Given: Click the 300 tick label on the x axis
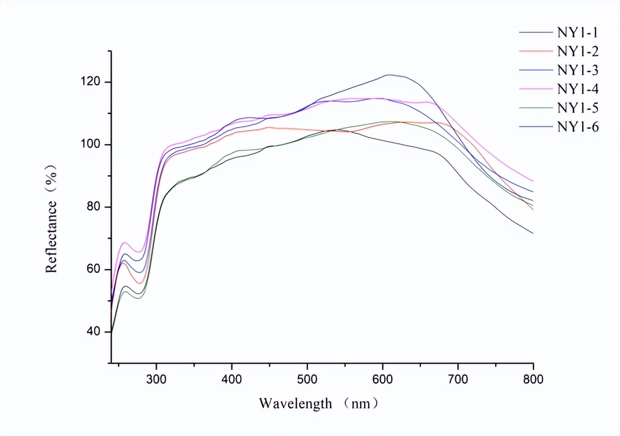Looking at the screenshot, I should click(x=156, y=380).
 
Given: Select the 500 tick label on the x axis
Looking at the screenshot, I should click(x=307, y=380).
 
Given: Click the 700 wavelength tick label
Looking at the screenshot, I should click(x=458, y=380).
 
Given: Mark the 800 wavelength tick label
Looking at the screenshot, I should click(x=533, y=380).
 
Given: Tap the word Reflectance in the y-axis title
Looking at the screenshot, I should click(x=52, y=233).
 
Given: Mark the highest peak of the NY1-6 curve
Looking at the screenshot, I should click(x=389, y=75).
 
